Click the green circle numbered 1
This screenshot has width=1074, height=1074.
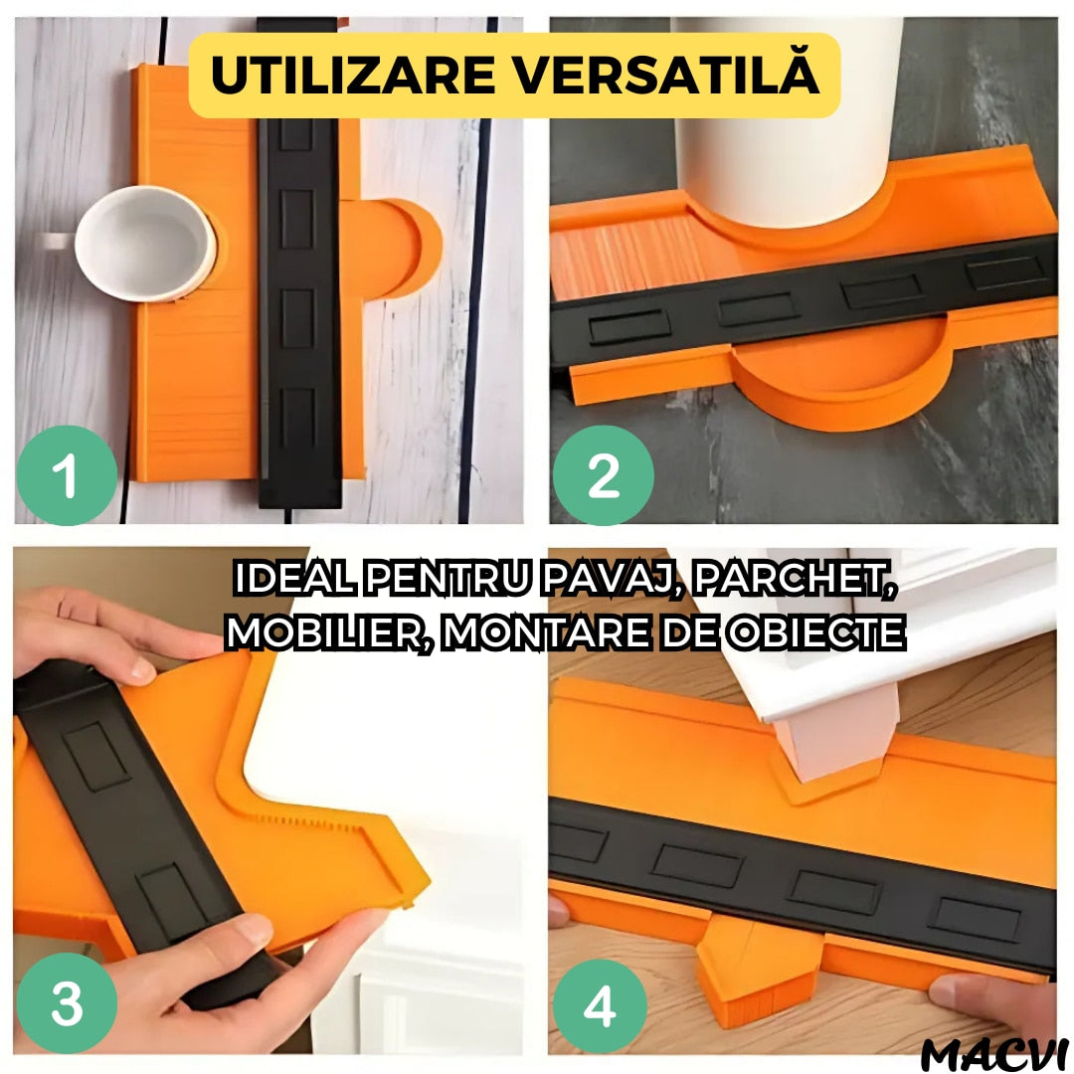point(67,475)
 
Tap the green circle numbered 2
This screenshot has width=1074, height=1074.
point(604,475)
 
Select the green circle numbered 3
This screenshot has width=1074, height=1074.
point(67,1002)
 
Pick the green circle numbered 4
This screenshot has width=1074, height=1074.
point(600,1006)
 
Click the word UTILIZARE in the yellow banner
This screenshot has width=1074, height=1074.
point(353,76)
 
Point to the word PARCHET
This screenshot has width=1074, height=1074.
point(795,580)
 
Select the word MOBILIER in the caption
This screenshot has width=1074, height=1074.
point(329,632)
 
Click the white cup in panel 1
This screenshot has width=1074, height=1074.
point(144,244)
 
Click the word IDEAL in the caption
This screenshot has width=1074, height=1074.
point(294,580)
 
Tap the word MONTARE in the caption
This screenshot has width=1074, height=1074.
point(546,632)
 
